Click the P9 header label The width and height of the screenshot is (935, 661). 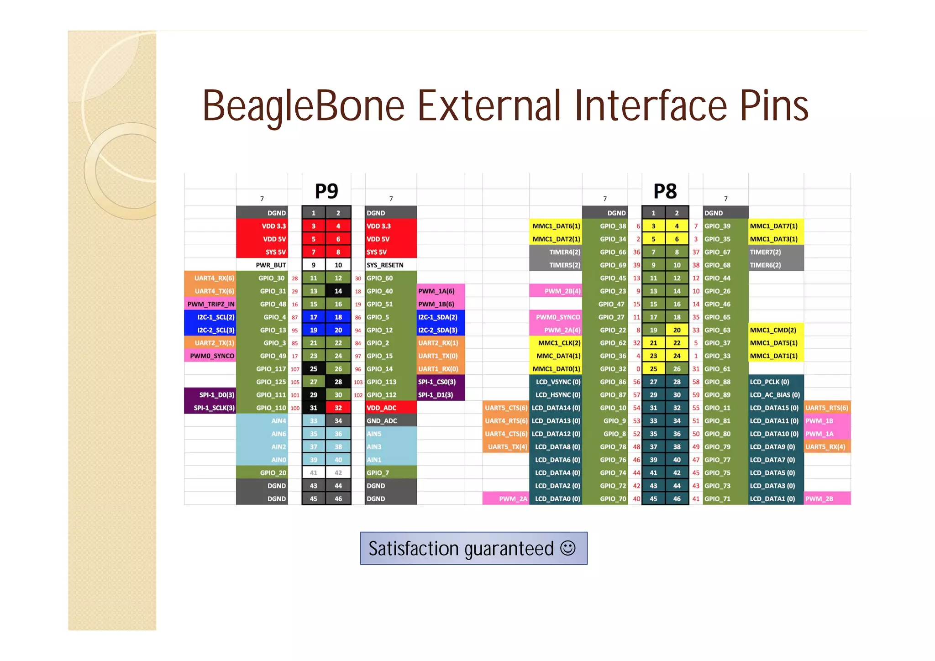pyautogui.click(x=326, y=191)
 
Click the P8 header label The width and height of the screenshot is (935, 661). pyautogui.click(x=665, y=191)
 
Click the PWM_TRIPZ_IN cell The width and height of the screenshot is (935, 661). pyautogui.click(x=210, y=304)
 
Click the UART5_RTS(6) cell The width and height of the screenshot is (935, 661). pyautogui.click(x=826, y=408)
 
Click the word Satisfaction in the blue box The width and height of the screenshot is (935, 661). pyautogui.click(x=413, y=549)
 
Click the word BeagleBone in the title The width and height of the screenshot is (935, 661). pyautogui.click(x=304, y=106)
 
